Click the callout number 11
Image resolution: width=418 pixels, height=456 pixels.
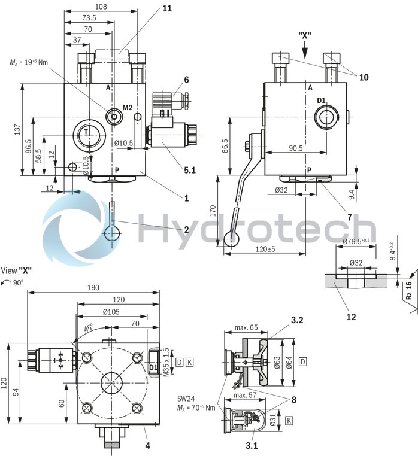coord(166,8)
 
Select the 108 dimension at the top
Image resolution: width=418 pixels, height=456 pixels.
coord(101,7)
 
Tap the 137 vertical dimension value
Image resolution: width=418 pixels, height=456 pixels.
coord(17,129)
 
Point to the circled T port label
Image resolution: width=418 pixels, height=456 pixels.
coord(87,132)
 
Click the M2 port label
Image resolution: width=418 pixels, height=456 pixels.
coord(128,108)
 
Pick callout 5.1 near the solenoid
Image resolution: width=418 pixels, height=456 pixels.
coord(189,170)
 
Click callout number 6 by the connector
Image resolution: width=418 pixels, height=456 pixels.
coord(186,80)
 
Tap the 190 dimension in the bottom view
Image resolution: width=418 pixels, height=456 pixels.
coord(93,288)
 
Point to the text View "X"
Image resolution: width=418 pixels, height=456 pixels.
coord(16,270)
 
